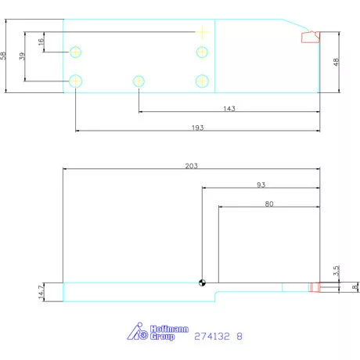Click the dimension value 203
(x=192, y=165)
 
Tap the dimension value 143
(x=229, y=109)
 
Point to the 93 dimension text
(x=260, y=185)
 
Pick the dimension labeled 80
(x=268, y=203)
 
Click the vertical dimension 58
(x=5, y=56)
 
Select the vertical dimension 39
(x=22, y=56)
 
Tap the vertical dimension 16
(x=41, y=42)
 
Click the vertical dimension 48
(x=337, y=62)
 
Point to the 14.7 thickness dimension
(x=41, y=290)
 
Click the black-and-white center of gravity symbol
(x=203, y=283)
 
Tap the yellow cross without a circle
(x=202, y=32)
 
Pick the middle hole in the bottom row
(x=139, y=81)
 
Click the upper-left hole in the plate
(x=76, y=52)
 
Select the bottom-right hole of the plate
(x=202, y=81)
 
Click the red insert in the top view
(x=310, y=36)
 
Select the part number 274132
(x=212, y=336)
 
